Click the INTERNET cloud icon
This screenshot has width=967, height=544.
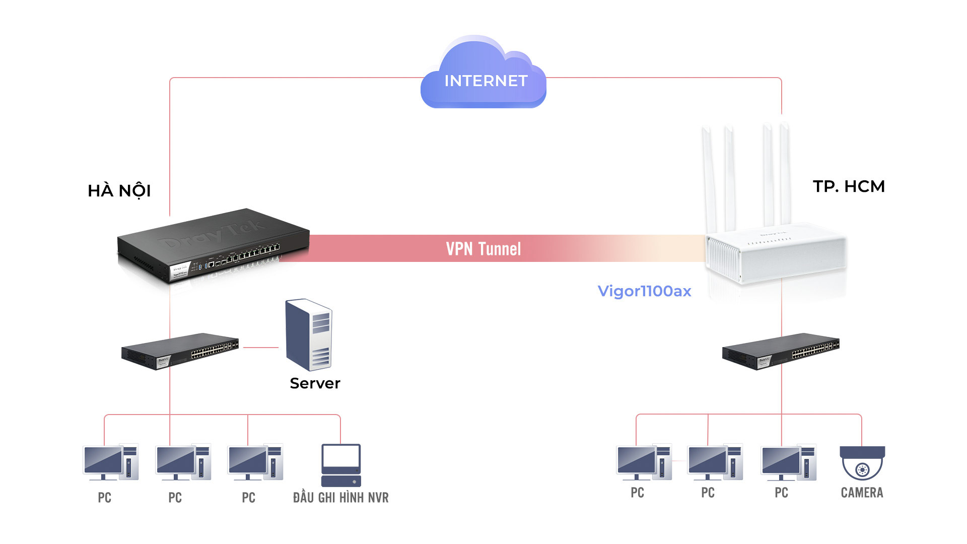(483, 76)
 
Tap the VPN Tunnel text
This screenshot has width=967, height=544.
(483, 249)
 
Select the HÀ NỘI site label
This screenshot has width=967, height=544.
(119, 191)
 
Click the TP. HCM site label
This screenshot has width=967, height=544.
(849, 186)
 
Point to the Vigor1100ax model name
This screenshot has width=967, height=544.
(644, 291)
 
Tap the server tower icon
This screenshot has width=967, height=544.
(308, 334)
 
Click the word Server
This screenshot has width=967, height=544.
(315, 383)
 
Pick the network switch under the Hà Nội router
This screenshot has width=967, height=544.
(180, 351)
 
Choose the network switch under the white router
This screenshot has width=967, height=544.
(781, 351)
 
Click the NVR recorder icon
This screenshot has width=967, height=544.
(341, 465)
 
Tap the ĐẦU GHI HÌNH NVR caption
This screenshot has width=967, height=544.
(341, 498)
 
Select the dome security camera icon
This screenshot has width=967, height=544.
(862, 462)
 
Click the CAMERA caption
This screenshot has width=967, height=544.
(862, 493)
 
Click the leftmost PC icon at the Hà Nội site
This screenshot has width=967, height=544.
(110, 462)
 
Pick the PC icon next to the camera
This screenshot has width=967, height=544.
(788, 462)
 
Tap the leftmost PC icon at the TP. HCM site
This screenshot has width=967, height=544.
(644, 462)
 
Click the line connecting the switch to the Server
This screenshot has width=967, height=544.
(260, 347)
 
